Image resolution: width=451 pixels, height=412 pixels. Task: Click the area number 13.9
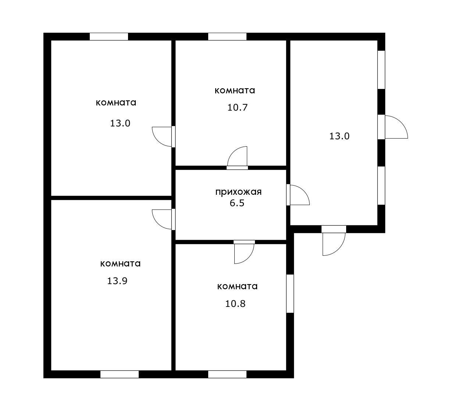tap(117, 281)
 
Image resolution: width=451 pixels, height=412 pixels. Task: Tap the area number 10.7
tap(237, 108)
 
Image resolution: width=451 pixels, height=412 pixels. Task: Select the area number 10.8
tap(235, 304)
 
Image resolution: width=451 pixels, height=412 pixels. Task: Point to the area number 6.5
tap(237, 203)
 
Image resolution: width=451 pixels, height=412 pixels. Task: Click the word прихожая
tap(238, 192)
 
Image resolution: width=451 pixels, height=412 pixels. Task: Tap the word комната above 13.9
tap(120, 264)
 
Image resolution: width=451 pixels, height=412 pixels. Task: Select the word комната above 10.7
tap(235, 90)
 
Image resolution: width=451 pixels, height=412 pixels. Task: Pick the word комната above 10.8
tap(237, 286)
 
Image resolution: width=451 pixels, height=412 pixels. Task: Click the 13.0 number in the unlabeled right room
tap(339, 136)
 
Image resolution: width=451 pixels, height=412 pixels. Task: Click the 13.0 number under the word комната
tap(120, 123)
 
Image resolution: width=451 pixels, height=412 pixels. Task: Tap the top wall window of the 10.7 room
tap(227, 37)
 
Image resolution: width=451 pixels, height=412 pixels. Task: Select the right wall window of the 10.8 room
tap(290, 293)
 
